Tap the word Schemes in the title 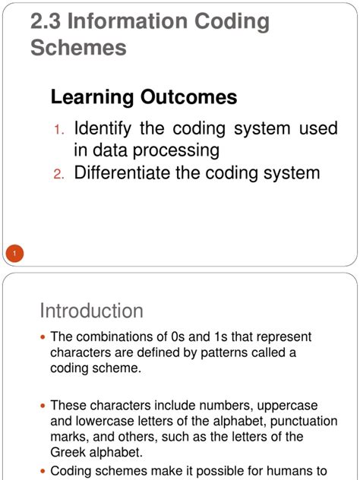pyautogui.click(x=78, y=48)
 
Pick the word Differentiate pyautogui.click(x=133, y=172)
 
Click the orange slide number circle pyautogui.click(x=14, y=253)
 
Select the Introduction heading pyautogui.click(x=91, y=311)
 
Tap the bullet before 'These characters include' pyautogui.click(x=43, y=406)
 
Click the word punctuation pyautogui.click(x=271, y=421)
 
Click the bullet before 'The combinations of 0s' pyautogui.click(x=43, y=336)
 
